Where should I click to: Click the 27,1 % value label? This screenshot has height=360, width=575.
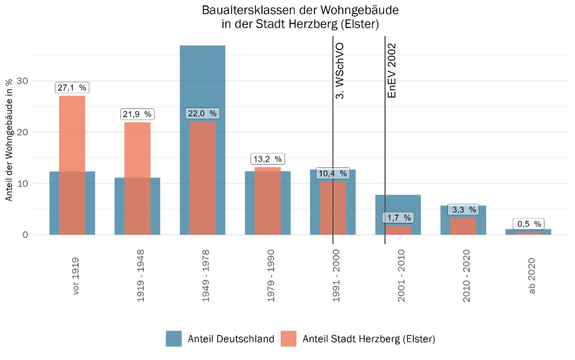coord(72,88)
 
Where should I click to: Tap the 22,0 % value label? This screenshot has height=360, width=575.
coord(202,113)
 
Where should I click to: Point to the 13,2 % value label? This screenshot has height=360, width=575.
coord(268,159)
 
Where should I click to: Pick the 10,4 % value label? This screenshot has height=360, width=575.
coord(333,173)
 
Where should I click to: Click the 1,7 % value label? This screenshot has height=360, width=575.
coord(398,218)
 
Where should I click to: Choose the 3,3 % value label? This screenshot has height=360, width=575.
coord(463,210)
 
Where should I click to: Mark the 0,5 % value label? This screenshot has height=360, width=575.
coord(528,224)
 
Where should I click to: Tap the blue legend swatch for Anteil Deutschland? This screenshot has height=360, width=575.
coord(174,338)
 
